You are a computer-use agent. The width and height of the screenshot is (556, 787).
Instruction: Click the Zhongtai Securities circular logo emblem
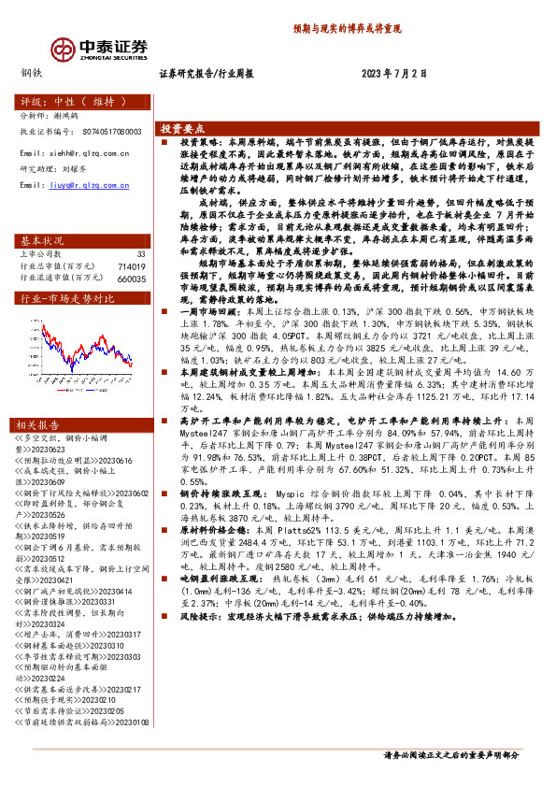click(x=63, y=48)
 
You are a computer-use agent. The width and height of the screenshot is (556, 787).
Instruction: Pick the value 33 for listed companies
click(x=141, y=253)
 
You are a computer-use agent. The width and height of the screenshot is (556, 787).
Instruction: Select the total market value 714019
click(x=132, y=265)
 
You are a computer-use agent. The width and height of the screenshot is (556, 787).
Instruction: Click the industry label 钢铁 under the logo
click(x=30, y=72)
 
